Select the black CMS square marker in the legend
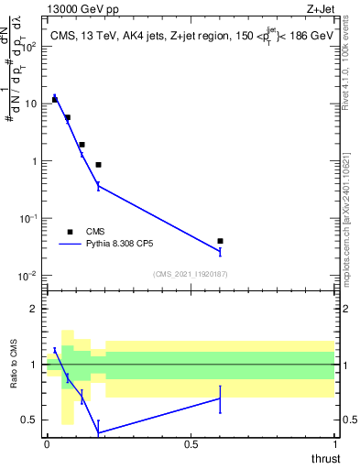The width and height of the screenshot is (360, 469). click(71, 232)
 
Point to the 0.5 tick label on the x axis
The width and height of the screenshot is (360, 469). click(191, 443)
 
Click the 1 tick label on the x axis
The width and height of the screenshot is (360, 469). click(335, 443)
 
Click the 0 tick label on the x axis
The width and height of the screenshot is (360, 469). click(47, 443)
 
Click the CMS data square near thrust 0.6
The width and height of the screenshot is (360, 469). click(220, 241)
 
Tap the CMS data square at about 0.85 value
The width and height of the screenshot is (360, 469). click(98, 165)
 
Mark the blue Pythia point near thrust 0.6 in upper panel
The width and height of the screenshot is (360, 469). click(220, 251)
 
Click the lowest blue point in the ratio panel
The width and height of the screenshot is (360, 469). click(98, 432)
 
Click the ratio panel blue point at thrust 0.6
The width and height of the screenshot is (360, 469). click(220, 398)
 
